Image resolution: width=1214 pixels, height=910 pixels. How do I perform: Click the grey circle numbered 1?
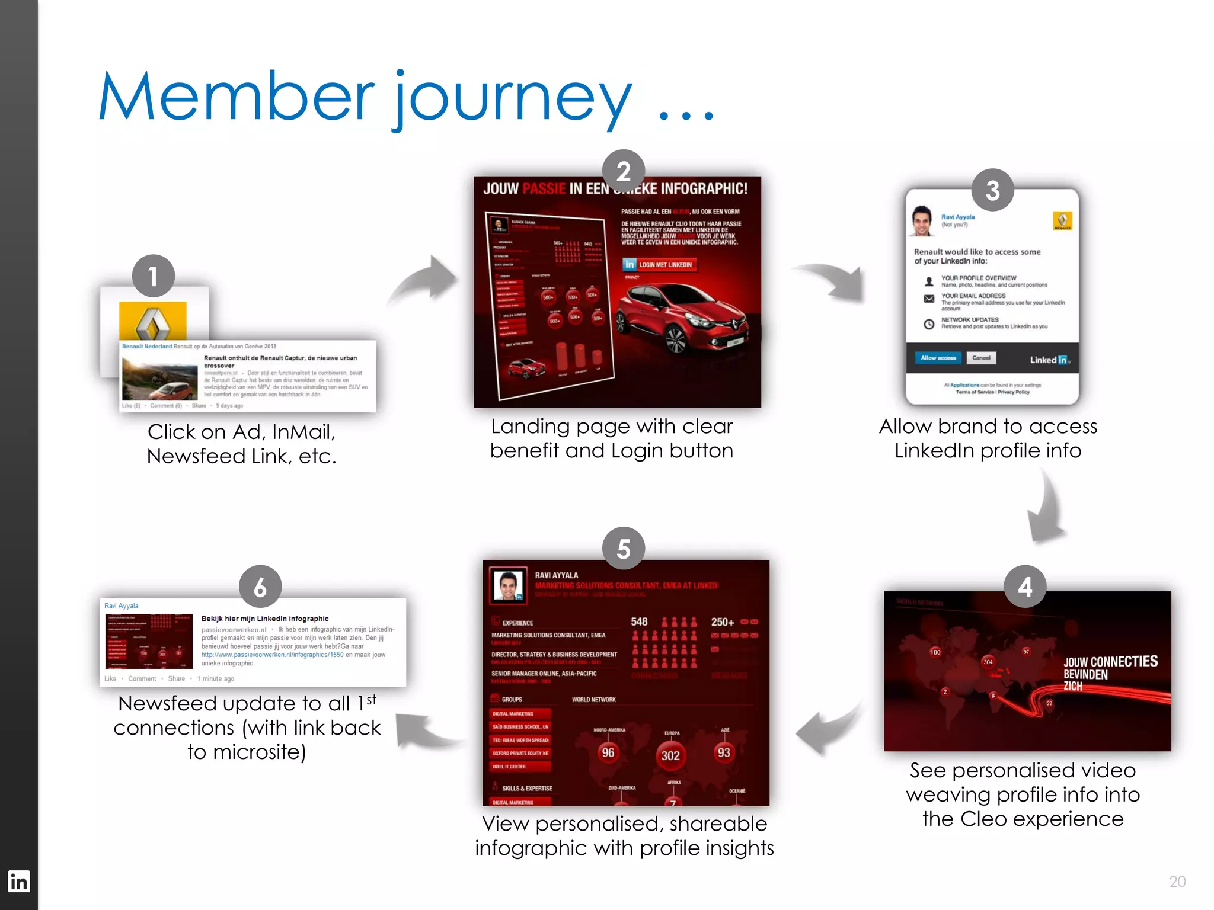(153, 276)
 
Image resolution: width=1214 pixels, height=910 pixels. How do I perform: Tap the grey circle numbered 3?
(992, 190)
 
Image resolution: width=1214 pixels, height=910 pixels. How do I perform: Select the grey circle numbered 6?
(260, 587)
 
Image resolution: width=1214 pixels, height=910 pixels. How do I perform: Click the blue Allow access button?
(938, 358)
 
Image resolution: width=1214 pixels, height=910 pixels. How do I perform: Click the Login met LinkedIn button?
(659, 265)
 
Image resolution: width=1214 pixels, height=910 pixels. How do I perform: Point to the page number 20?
(1177, 882)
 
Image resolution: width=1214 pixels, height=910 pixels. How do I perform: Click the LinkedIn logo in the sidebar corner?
(18, 882)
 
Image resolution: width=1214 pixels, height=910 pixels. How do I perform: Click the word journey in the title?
(513, 98)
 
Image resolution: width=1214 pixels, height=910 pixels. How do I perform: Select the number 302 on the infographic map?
(670, 755)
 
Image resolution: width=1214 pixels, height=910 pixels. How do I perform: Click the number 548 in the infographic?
(639, 621)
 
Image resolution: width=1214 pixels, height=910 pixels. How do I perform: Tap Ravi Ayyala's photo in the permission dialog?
(922, 221)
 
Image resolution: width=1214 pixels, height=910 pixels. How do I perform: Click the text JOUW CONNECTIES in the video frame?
(1110, 662)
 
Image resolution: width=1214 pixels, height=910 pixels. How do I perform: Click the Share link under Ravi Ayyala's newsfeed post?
(176, 678)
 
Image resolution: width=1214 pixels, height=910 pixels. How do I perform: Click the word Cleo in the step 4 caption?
(985, 819)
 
